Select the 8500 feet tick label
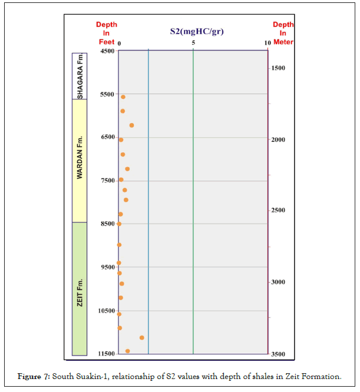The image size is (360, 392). point(107,224)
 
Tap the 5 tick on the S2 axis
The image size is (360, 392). point(193,43)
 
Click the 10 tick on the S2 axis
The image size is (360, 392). point(267,43)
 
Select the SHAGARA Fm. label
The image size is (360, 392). point(80,76)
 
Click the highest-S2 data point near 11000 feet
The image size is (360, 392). point(142,337)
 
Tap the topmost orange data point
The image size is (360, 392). point(123,97)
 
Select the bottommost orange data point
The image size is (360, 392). point(127,351)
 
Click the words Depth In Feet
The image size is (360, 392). point(107,34)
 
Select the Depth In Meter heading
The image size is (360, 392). point(283,34)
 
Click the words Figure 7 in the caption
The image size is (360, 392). point(34,376)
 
